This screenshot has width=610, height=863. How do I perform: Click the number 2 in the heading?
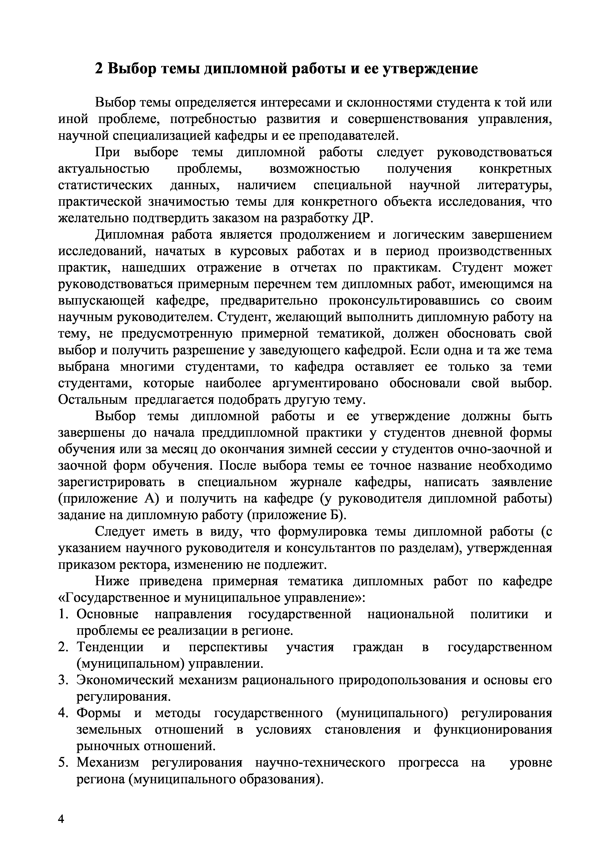pyautogui.click(x=98, y=69)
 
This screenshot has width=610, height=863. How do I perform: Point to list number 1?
pyautogui.click(x=63, y=615)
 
